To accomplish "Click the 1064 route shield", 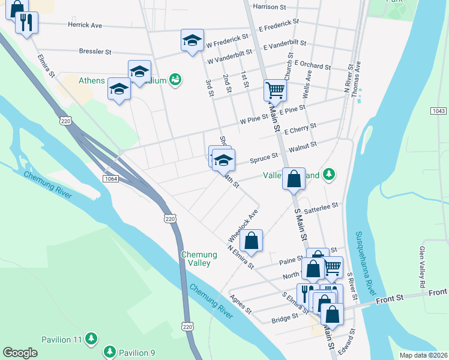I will pos(110,179).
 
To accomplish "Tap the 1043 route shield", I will pos(439,112).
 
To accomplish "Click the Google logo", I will pos(20,353).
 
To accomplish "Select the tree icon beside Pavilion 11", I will pos(91,339).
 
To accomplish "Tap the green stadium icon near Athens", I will pos(175,79).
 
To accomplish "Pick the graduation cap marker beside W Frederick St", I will pos(192,40).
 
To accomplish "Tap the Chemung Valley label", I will pos(196,259).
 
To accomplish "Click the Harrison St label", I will pos(270,7).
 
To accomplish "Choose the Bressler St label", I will pos(95,52).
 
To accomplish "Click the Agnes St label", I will pos(240,304).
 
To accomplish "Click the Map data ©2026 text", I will pos(424,355).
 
